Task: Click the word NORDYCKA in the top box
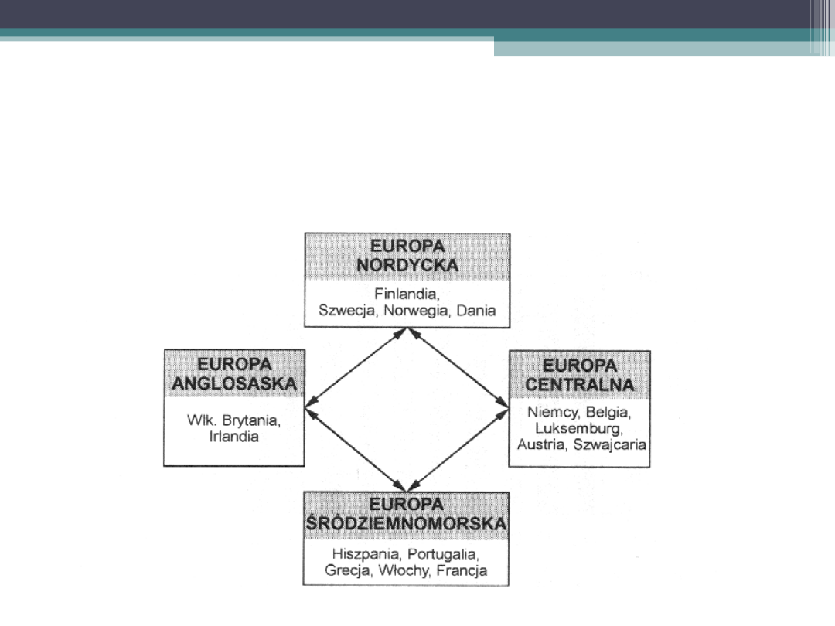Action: (x=407, y=265)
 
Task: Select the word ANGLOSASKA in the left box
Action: (x=234, y=383)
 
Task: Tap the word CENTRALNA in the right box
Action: (x=579, y=384)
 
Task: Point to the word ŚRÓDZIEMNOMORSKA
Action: (x=407, y=524)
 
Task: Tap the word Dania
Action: (x=475, y=311)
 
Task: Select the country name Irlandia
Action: (x=233, y=437)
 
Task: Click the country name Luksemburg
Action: (x=579, y=427)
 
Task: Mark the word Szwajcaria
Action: (x=611, y=444)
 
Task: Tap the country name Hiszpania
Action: (x=366, y=555)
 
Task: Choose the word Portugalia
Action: (x=444, y=555)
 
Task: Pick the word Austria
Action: (x=542, y=444)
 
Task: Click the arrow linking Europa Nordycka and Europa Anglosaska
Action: (x=356, y=367)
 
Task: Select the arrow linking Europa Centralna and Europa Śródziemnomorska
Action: (x=458, y=448)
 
